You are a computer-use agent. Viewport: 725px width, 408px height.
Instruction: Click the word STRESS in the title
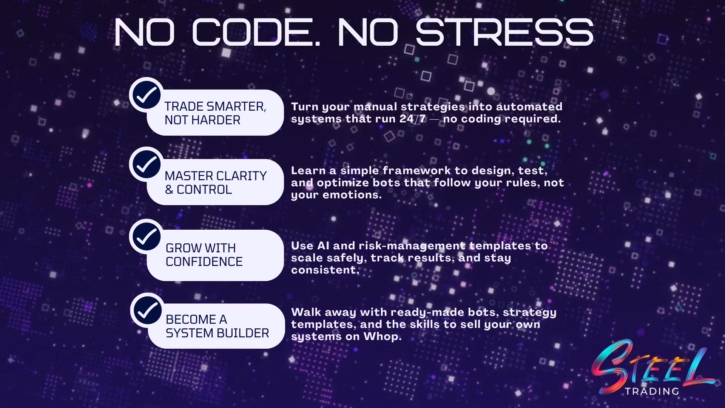click(x=504, y=32)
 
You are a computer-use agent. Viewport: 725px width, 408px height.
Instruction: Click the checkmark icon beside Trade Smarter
click(x=147, y=95)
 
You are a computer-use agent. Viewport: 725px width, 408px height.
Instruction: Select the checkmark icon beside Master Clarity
click(x=147, y=164)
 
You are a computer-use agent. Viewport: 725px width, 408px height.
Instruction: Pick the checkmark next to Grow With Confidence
click(x=147, y=236)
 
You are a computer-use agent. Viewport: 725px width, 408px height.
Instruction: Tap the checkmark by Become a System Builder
click(x=148, y=310)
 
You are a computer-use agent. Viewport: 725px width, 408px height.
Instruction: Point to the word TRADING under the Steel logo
click(x=652, y=391)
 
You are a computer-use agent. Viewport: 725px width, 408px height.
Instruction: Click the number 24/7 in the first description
click(x=413, y=119)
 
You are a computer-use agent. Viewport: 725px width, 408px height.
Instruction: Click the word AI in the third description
click(x=323, y=246)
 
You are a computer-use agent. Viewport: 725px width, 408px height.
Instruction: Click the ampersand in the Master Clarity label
click(x=169, y=190)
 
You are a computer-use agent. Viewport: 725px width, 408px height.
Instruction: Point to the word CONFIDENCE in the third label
click(x=204, y=262)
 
